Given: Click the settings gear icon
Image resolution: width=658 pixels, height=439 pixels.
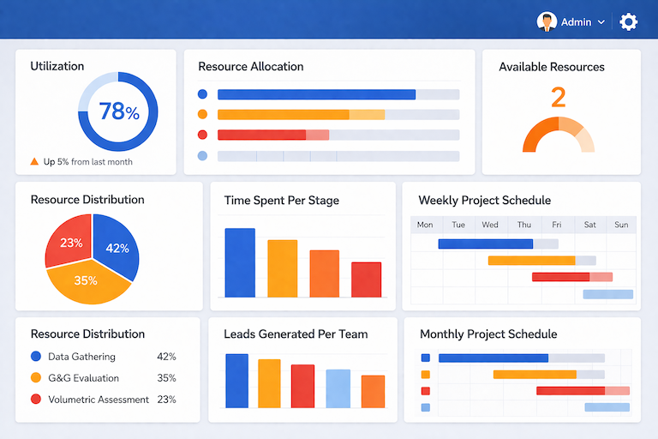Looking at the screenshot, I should pos(629,22).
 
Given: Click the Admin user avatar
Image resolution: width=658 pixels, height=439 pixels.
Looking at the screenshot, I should pos(547,22).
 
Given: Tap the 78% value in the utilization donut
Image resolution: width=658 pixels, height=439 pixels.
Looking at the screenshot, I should pos(118,111).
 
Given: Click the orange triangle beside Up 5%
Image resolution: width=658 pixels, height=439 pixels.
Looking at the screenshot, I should pos(34,161).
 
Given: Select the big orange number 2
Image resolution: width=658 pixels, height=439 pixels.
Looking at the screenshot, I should pos(558,97).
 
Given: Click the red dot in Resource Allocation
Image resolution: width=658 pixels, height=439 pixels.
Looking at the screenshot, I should pos(202,135).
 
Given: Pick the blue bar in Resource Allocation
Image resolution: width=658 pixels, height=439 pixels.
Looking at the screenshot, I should pos(316,94).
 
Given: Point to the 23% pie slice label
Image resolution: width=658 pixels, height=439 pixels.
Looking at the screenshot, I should pos(71,243).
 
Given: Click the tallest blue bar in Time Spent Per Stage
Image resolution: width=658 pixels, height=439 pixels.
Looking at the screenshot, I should pos(240,262).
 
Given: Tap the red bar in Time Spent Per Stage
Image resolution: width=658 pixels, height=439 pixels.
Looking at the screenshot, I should pos(367,280).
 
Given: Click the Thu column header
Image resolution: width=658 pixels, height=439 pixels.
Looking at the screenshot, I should pos(523,225).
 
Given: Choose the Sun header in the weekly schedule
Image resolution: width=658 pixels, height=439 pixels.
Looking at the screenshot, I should pos(621,225).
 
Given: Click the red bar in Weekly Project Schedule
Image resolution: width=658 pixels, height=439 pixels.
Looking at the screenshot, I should pos(561,276).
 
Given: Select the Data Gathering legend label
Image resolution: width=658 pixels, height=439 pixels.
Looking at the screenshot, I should pos(81,357).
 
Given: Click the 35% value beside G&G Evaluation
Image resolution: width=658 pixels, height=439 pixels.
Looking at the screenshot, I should pos(166,378).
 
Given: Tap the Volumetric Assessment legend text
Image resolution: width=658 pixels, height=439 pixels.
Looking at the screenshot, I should pos(99,400).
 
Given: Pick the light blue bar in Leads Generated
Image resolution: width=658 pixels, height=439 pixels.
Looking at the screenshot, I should pos(338,388).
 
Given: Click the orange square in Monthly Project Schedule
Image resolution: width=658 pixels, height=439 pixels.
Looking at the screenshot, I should pos(426,374).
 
